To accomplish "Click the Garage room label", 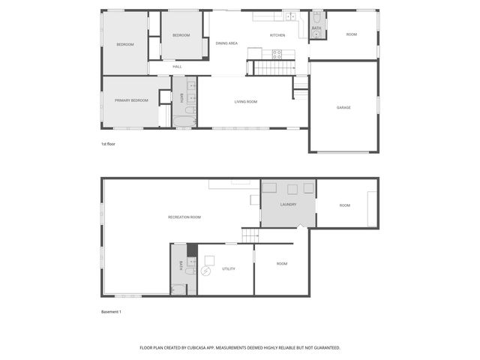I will pos(343,107).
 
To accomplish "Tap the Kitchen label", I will pos(277,35).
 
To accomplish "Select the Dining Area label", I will pos(226,43).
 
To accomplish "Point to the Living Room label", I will pos(246,101).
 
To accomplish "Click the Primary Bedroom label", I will pos(131,100).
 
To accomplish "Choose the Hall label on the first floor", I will pos(177,67).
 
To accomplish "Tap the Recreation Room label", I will pos(184,217).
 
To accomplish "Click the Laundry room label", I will pos(288,204).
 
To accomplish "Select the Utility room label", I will pos(229,268).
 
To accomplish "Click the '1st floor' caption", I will pos(108,143).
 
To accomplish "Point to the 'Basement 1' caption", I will pos(111,311).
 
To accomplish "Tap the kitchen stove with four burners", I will pos(276,54).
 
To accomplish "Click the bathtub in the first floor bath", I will pos(184,118).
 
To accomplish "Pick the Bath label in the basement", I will pos(180,265).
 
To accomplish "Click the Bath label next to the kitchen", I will pos(316,28).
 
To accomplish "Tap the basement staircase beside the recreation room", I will pos(250,235).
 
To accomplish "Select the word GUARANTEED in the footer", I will pos(326,348).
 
